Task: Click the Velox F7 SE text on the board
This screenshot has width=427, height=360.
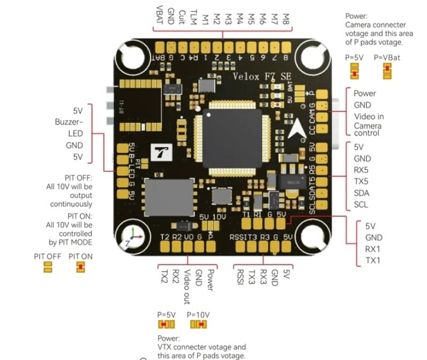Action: (261, 77)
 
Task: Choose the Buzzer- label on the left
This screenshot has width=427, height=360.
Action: (69, 122)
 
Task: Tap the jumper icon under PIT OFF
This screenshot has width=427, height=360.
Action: (47, 267)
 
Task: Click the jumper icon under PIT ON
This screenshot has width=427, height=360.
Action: (80, 267)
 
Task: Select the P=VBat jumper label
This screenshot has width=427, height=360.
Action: (387, 57)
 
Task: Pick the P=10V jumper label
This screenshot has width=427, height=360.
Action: (198, 314)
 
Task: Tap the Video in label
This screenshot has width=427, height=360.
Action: (369, 116)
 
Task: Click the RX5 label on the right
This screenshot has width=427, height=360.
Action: (362, 170)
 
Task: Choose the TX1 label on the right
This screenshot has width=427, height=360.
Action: (373, 260)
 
